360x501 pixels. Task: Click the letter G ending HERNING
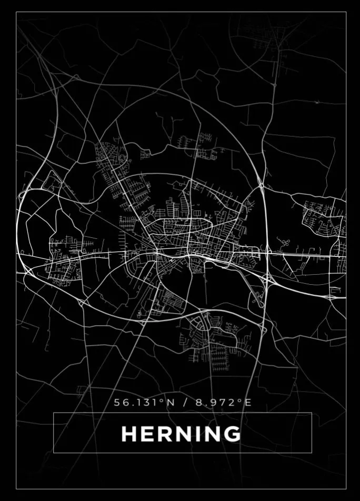(231, 434)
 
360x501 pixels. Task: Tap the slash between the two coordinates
(184, 403)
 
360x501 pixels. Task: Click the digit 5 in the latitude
(118, 403)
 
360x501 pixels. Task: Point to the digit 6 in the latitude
(126, 403)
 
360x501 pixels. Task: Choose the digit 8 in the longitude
(198, 403)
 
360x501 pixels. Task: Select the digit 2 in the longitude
(230, 403)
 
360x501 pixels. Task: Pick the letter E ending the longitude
(248, 403)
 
